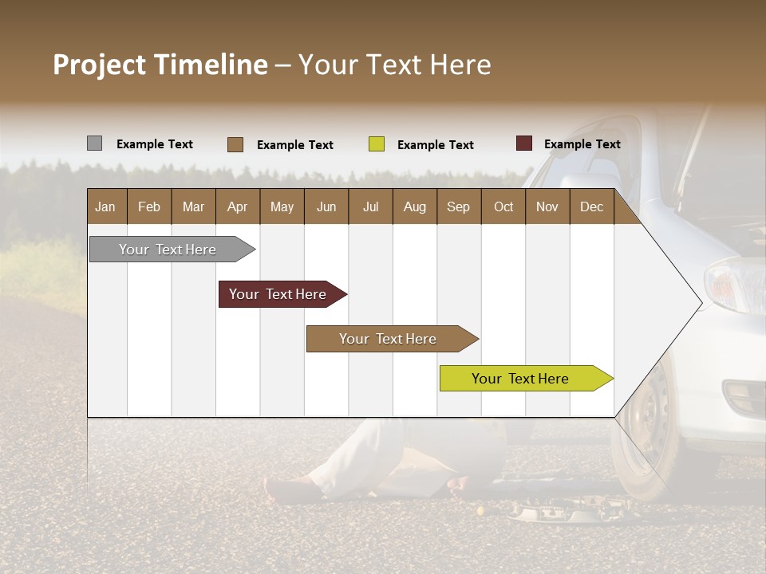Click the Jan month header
[106, 206]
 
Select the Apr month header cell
[238, 206]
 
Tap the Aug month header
[414, 206]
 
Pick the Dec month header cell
[591, 206]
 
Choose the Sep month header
[458, 206]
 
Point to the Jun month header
[326, 206]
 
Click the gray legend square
[94, 143]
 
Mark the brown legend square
[235, 144]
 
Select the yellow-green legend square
[377, 144]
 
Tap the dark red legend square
[523, 143]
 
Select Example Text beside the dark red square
[582, 144]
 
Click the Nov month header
[547, 206]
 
